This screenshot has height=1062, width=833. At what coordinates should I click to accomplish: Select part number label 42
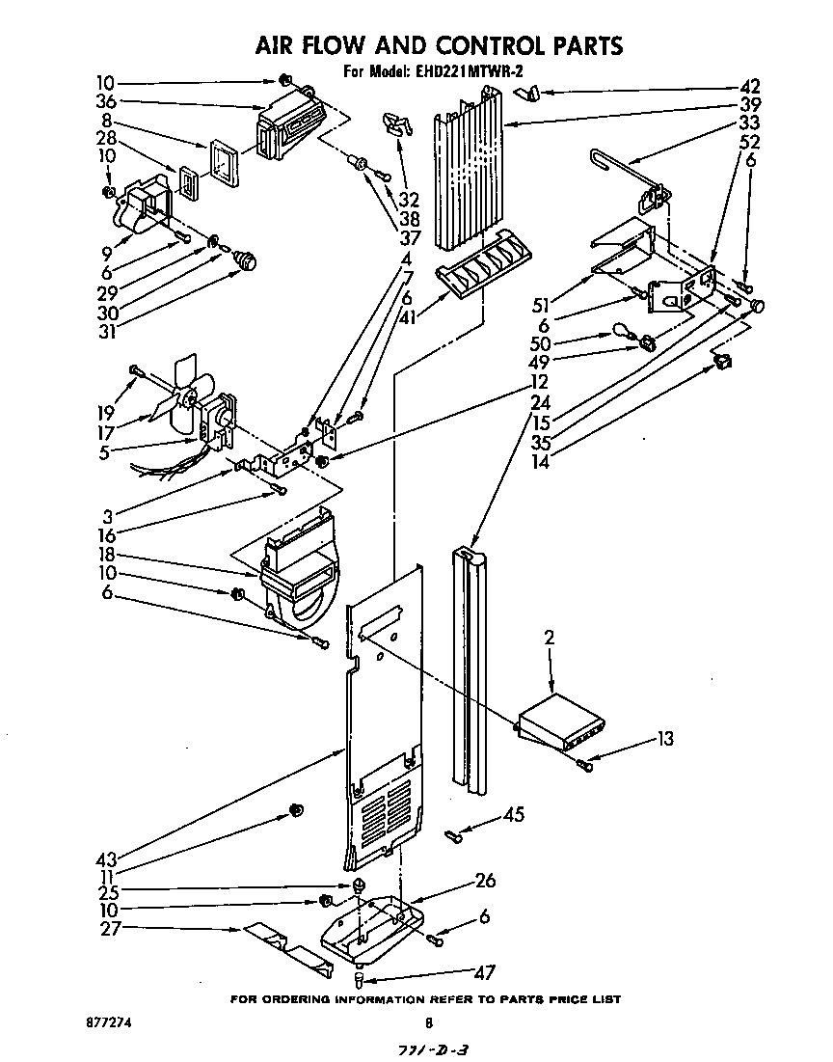point(749,85)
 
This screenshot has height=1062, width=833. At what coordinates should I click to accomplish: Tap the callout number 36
point(105,101)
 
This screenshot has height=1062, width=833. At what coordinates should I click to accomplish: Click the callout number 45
point(514,815)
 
